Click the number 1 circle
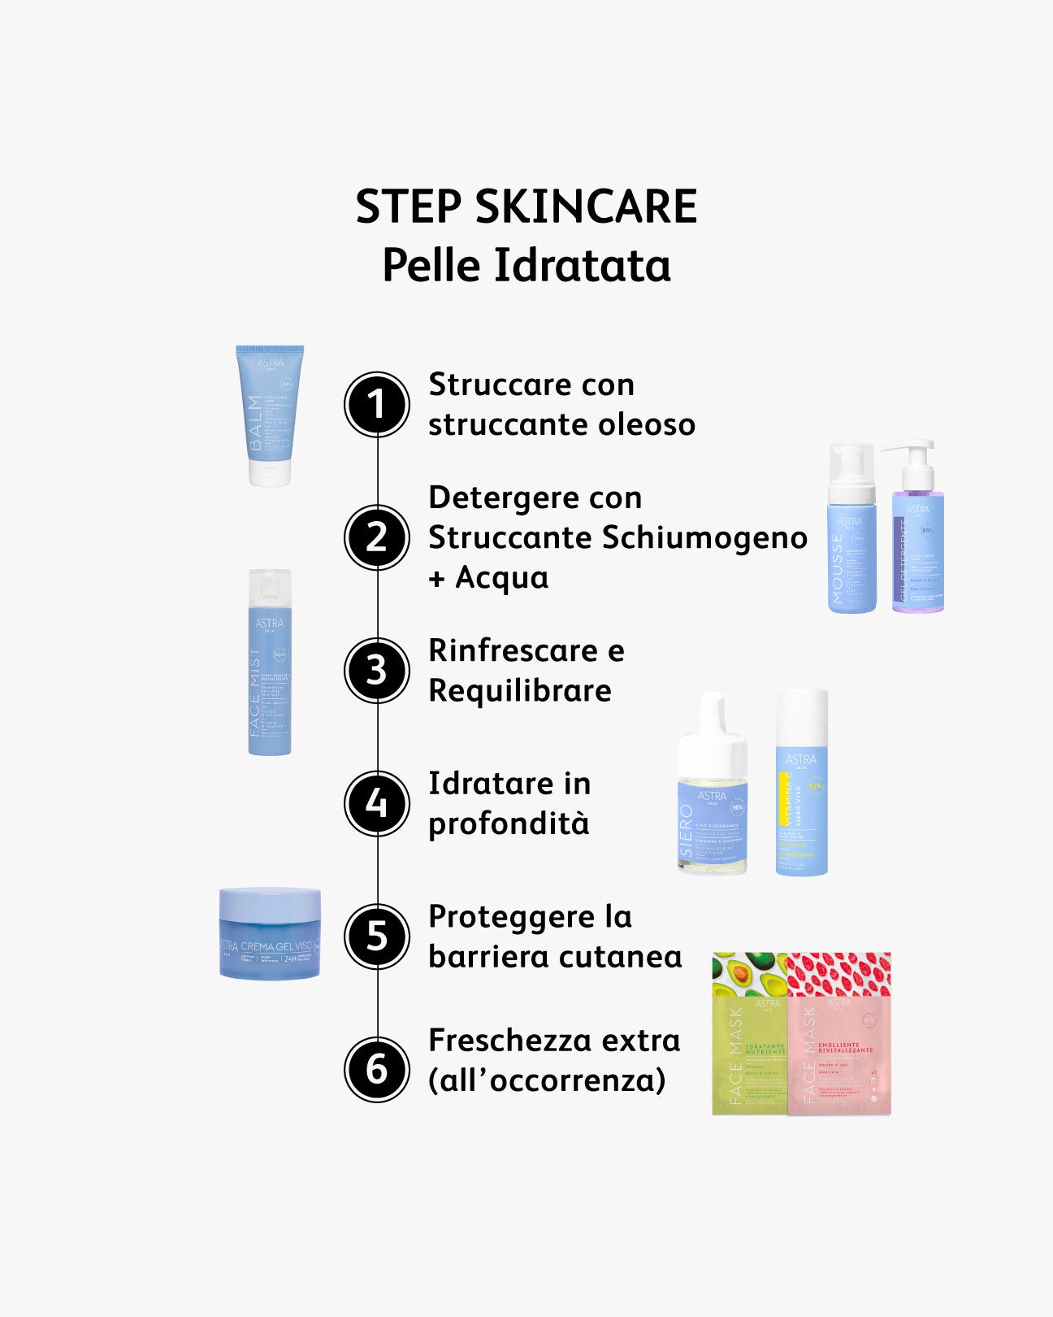point(377,404)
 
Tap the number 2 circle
point(377,537)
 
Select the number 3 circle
point(377,671)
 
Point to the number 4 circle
point(377,803)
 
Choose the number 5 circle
point(377,937)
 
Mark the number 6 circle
point(377,1069)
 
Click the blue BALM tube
point(269,406)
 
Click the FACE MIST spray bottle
point(270,675)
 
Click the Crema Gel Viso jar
point(270,935)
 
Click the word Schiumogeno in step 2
point(704,538)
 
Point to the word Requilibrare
point(520,691)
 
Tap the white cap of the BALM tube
point(269,475)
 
